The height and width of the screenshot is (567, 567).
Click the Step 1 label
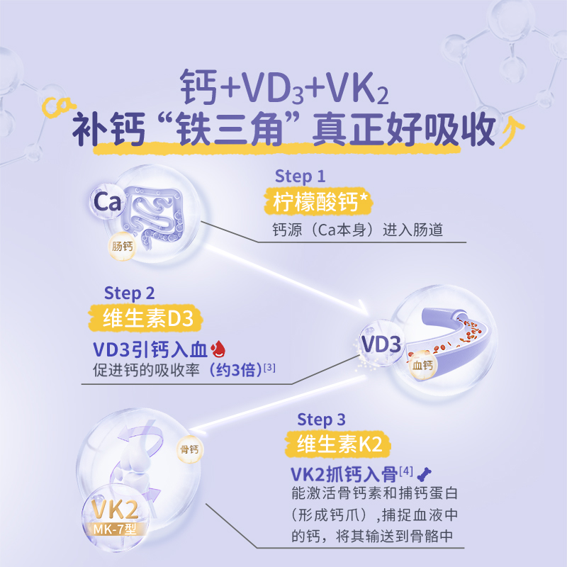coord(300,176)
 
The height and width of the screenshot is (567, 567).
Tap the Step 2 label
coord(129,292)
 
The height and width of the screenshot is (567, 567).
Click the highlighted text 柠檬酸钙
coord(317,202)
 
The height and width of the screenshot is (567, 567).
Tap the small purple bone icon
coord(427,473)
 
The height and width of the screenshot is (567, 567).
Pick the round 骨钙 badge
coord(189,448)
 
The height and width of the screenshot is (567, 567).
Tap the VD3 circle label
coord(381,344)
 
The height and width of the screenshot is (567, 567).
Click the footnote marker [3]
coord(269,366)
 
